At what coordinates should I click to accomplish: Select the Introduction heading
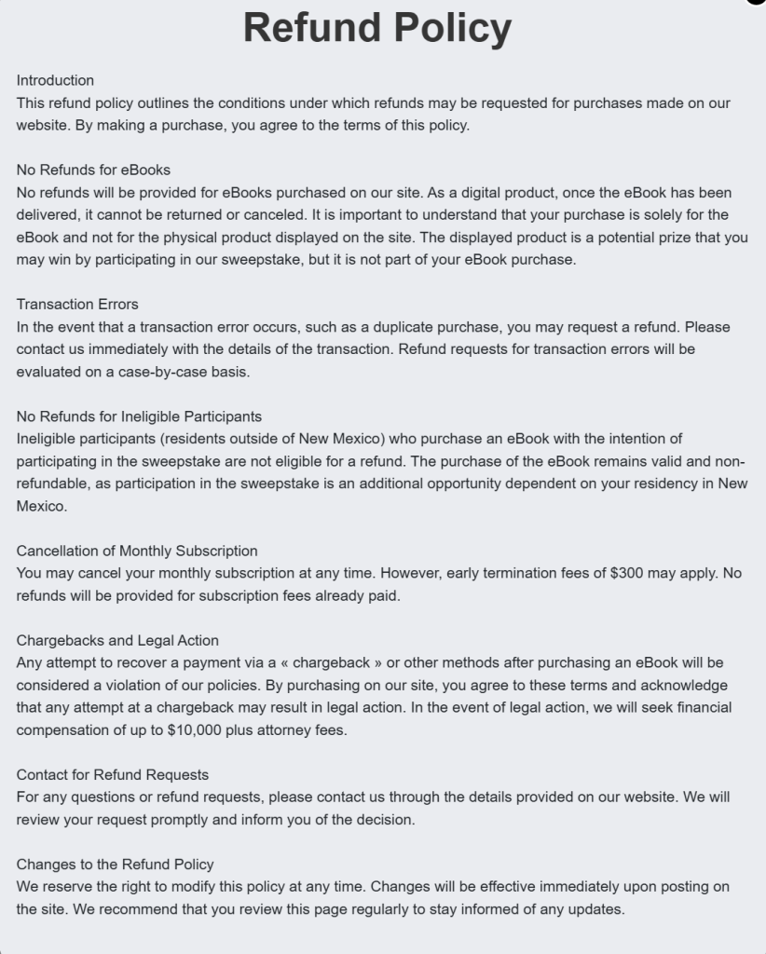(55, 80)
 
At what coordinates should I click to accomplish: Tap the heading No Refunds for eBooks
(93, 170)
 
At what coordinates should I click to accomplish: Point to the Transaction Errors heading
(77, 305)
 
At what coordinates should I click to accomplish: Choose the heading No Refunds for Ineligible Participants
(139, 416)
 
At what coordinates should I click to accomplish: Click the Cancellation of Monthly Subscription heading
(137, 551)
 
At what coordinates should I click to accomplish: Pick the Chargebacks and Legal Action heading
(117, 640)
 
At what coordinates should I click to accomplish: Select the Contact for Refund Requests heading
(112, 774)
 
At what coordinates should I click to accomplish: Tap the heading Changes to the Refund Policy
(115, 864)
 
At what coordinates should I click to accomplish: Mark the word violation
(139, 685)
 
